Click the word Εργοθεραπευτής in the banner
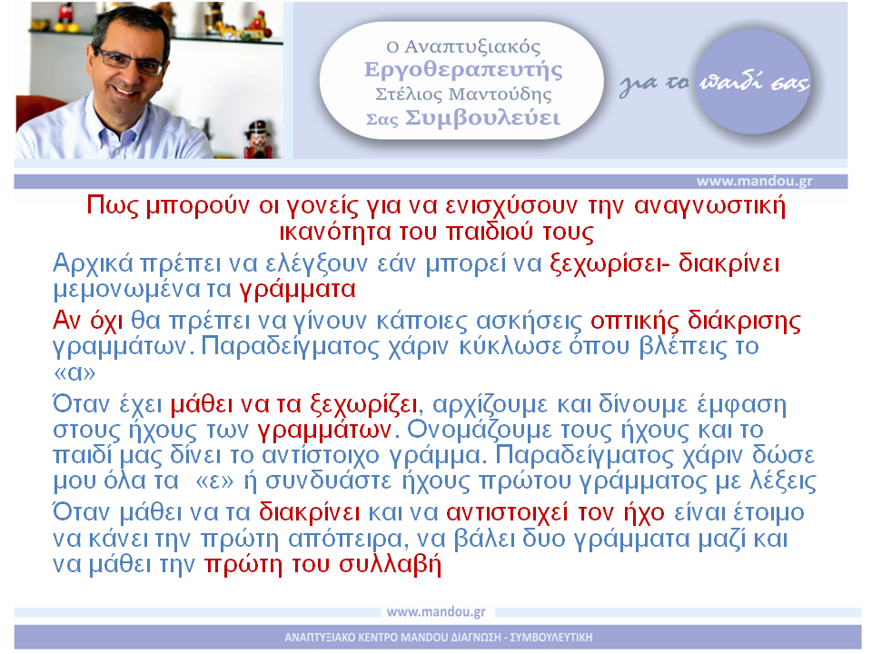463,70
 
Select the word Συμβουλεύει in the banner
482,118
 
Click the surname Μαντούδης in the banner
500,94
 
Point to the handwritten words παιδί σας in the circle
754,83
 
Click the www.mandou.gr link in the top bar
754,182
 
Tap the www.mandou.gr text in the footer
436,611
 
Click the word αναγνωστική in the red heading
709,206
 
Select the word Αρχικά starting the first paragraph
93,263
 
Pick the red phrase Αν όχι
87,321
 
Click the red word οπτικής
635,321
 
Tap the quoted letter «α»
74,372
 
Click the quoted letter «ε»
214,481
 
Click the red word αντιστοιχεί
507,512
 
